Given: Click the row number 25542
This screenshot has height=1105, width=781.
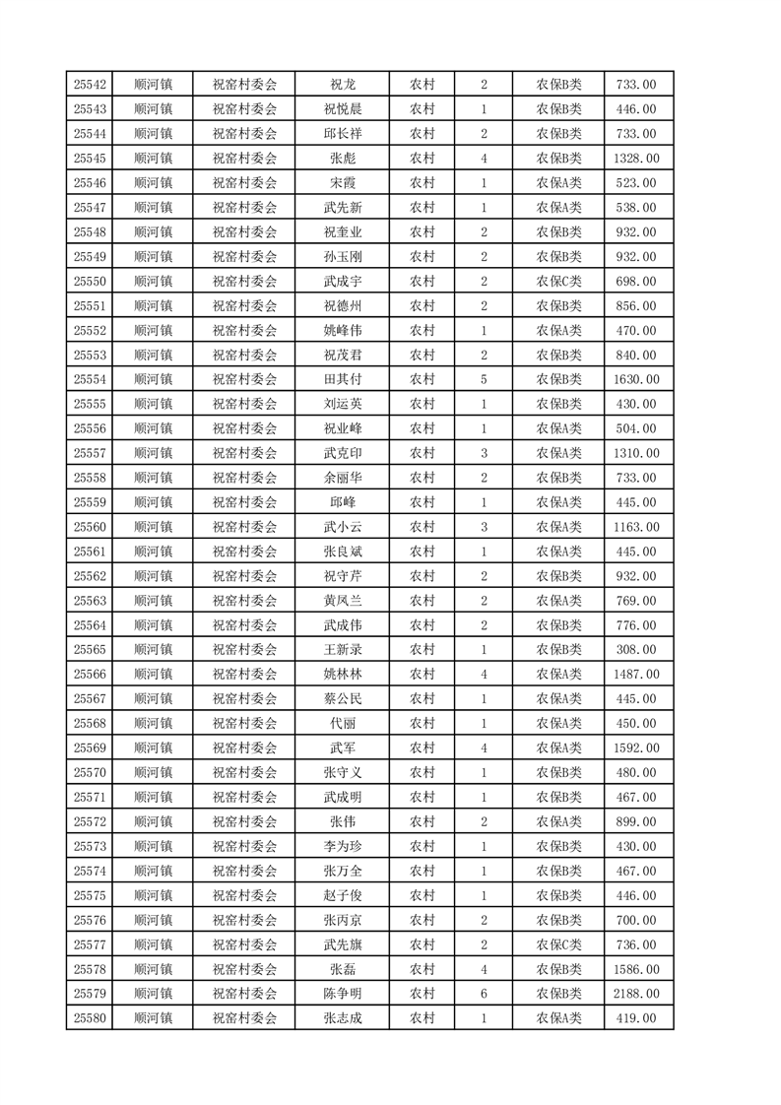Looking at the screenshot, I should point(89,85).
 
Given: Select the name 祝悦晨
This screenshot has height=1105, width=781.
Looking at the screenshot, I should point(342,109).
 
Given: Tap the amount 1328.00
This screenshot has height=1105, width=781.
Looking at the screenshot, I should point(638,159).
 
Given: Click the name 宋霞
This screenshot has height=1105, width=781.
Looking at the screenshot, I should point(342,183).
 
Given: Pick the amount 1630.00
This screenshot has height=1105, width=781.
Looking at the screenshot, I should point(638,379).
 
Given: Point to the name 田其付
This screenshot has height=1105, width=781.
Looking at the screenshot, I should point(342,379).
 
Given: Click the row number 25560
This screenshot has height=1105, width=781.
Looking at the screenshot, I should point(89,527).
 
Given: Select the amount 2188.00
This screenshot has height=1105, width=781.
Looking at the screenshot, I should point(638,994).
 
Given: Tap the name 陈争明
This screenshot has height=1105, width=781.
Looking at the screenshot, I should point(342,994).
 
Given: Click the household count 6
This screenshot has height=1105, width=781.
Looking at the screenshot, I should point(484,994).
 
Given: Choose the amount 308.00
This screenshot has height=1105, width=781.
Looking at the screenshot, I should point(638,650).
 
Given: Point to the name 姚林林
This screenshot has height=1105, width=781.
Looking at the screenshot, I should point(342,675).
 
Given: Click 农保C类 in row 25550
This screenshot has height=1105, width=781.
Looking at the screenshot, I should point(558,282).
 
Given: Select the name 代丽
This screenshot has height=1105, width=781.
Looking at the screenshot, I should point(342,724).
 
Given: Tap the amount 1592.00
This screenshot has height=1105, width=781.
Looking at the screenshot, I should point(638,748).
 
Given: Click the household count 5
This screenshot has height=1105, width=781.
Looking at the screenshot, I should point(484,379).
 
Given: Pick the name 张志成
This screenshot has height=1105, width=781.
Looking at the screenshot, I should point(342,1018).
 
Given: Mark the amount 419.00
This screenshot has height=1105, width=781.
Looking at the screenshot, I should point(638,1018).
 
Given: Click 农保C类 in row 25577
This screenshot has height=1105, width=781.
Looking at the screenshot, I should point(558,944).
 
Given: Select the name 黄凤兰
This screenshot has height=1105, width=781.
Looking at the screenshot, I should point(342,601).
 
